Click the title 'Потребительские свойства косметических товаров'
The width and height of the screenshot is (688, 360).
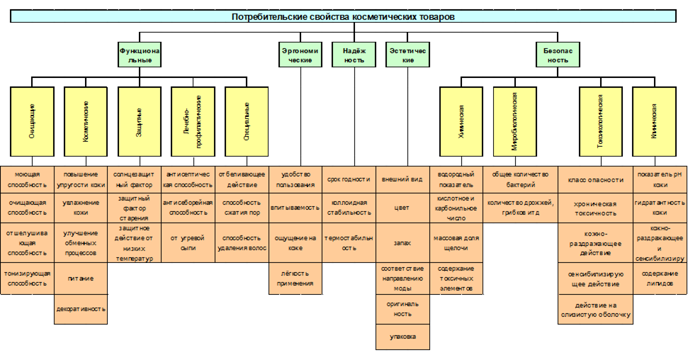(343, 16)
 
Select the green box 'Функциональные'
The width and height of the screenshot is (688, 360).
(140, 55)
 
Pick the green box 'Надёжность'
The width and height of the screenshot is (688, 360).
(354, 55)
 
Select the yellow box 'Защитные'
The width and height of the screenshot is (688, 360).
(140, 121)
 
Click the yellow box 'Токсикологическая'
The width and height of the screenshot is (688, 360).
(600, 121)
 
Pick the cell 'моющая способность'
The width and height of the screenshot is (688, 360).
(27, 179)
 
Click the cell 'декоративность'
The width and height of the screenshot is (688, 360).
(81, 309)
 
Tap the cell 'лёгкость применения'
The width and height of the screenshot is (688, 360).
(296, 279)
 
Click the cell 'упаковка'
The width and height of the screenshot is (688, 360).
(402, 336)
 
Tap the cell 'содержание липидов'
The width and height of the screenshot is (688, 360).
(660, 279)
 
